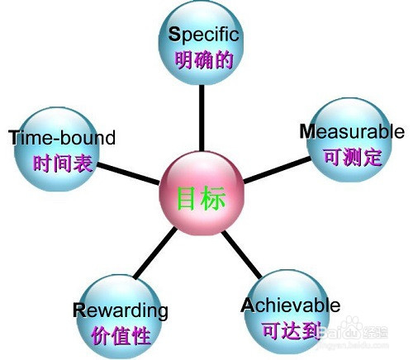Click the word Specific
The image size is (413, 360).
(x=203, y=35)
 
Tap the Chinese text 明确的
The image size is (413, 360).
(x=204, y=59)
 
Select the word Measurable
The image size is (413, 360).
(x=352, y=131)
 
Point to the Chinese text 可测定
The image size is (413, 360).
(x=353, y=157)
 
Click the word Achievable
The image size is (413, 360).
(x=291, y=306)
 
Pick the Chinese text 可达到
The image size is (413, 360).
(x=292, y=330)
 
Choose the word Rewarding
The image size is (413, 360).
(x=121, y=311)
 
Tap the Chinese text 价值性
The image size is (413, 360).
(x=121, y=335)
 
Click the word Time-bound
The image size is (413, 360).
(x=62, y=137)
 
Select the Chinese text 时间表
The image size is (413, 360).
(x=63, y=163)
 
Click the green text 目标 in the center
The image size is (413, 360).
(x=202, y=198)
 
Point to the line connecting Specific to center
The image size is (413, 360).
(x=202, y=118)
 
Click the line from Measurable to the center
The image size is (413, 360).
(x=278, y=170)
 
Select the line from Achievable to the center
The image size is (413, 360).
(x=241, y=255)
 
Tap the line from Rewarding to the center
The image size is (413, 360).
(x=155, y=253)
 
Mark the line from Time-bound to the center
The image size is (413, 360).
(x=128, y=173)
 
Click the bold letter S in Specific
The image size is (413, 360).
(x=174, y=34)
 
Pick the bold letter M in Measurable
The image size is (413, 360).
(x=307, y=131)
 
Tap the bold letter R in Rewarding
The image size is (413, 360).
(x=79, y=310)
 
